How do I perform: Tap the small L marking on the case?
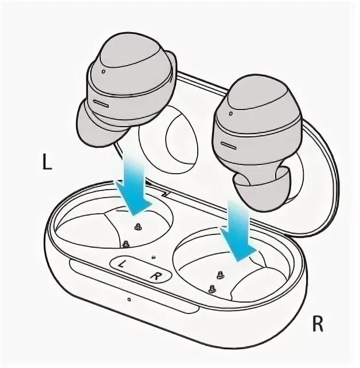click(122, 264)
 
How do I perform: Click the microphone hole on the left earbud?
click(102, 73)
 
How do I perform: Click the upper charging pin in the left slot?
click(138, 226)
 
